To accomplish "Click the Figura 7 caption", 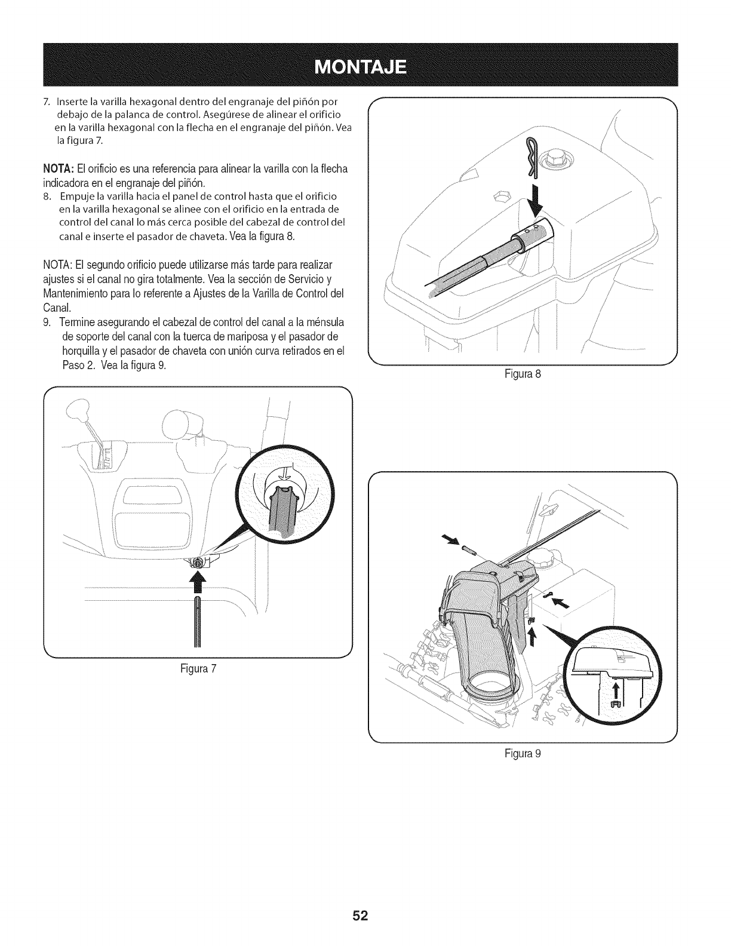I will [x=198, y=668].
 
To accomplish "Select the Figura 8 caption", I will [x=523, y=375].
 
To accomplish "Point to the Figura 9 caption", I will [x=523, y=753].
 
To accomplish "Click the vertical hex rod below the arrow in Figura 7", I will [x=198, y=621].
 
